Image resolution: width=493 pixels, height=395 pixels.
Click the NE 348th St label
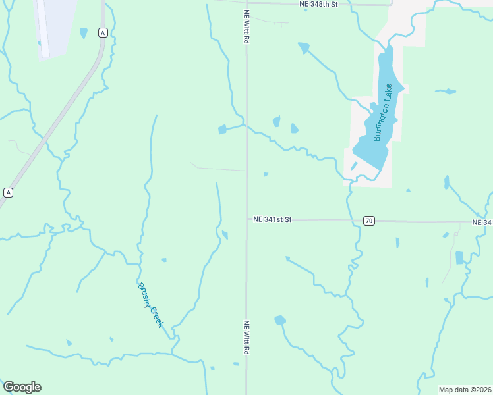(x=318, y=4)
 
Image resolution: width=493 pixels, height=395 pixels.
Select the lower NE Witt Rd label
(x=246, y=337)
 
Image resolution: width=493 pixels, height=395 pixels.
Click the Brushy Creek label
(x=151, y=305)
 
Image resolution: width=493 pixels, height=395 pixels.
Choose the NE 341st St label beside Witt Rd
(x=272, y=219)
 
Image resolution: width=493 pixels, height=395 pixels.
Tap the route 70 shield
(x=369, y=221)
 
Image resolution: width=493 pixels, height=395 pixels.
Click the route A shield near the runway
(x=102, y=32)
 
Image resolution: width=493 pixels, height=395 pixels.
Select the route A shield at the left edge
(x=8, y=192)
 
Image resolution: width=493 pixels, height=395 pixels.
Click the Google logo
(x=22, y=387)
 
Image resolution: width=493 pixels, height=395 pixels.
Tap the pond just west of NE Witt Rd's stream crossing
(x=222, y=129)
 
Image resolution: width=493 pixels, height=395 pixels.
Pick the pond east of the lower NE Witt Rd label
(x=280, y=320)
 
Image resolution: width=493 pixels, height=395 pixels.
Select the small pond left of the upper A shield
(x=84, y=32)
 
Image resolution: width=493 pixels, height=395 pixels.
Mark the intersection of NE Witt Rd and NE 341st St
(x=246, y=219)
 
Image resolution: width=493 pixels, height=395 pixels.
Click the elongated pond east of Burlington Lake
(x=447, y=92)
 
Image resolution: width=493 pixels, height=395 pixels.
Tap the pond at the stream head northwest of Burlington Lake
(x=303, y=47)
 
